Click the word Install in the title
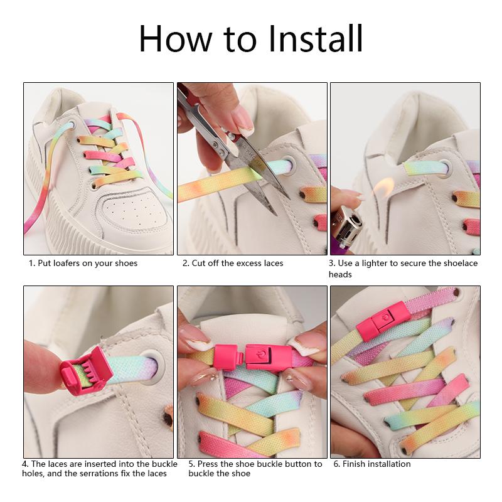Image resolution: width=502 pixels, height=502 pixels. click(315, 38)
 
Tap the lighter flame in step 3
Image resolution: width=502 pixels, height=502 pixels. click(383, 189)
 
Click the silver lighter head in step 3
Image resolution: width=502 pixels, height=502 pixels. click(348, 225)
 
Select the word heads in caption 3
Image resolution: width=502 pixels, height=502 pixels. click(340, 274)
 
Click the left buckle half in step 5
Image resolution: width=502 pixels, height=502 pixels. click(227, 357)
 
